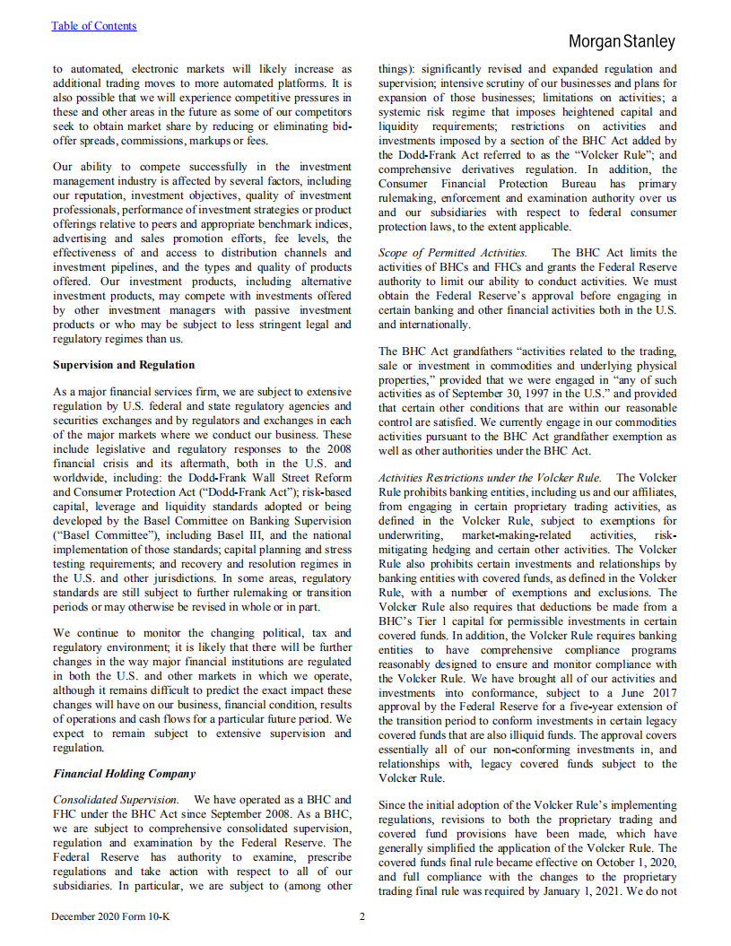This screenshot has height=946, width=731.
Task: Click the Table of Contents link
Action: click(x=93, y=26)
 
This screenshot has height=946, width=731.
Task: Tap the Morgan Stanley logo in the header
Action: click(x=621, y=42)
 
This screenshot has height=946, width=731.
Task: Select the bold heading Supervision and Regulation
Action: click(x=124, y=365)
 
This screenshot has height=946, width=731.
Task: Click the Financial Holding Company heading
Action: click(x=124, y=773)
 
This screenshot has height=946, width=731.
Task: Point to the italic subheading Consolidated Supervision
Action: click(x=116, y=799)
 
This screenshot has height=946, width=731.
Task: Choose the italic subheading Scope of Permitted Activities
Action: click(x=452, y=253)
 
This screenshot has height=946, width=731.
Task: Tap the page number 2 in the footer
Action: click(x=362, y=916)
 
